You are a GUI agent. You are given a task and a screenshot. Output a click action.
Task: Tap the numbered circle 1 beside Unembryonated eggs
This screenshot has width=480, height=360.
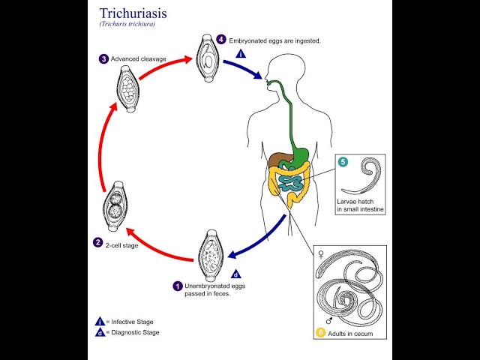178,286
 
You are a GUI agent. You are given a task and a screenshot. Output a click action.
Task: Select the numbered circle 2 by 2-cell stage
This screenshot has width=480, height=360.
97,242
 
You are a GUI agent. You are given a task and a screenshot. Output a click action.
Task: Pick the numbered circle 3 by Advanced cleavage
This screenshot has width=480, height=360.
103,59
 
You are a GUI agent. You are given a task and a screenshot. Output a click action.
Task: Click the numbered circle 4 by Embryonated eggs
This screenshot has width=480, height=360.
221,39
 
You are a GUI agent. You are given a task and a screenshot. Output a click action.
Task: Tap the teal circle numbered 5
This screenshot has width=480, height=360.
343,162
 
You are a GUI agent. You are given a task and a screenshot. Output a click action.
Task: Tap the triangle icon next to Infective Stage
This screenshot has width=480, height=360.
100,320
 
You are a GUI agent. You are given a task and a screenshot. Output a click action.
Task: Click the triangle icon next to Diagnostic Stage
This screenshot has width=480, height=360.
100,332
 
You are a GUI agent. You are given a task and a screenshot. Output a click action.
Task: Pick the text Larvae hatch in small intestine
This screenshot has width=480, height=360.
361,206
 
